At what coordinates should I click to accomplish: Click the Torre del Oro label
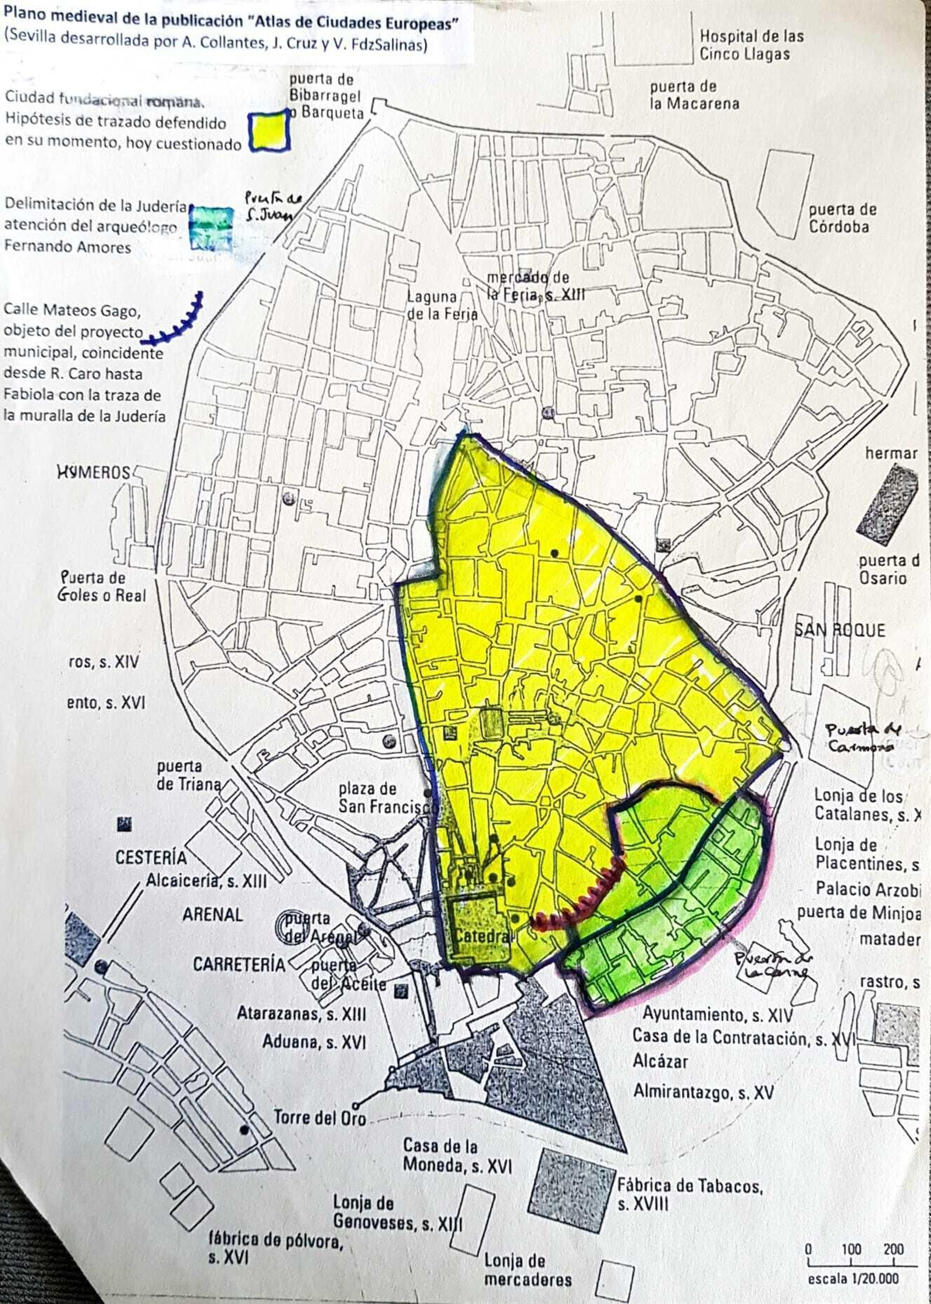click(x=319, y=1118)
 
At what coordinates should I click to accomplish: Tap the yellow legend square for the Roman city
click(x=269, y=131)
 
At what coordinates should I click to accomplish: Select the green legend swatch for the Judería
click(x=211, y=228)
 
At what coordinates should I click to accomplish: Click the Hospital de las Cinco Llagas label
click(x=751, y=45)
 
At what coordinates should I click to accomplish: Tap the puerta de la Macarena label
click(x=694, y=95)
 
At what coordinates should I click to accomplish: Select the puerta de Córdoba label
click(x=842, y=218)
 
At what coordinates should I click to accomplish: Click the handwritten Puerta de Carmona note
click(x=864, y=738)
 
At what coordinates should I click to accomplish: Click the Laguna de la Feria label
click(x=441, y=305)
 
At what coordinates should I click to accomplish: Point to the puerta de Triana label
click(x=187, y=775)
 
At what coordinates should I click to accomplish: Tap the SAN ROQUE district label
click(x=840, y=630)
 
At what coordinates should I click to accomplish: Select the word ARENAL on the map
click(x=212, y=915)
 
